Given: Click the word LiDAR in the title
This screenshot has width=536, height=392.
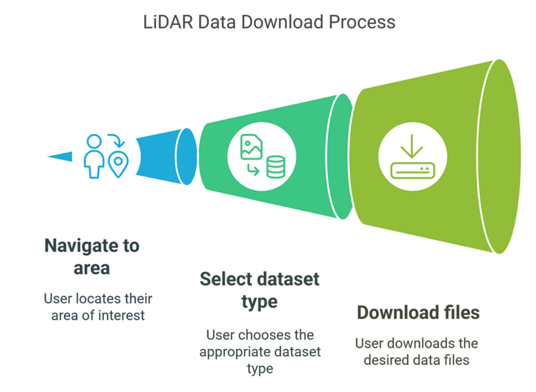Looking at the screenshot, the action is (168, 22).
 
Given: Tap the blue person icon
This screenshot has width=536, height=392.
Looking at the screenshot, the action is (94, 156).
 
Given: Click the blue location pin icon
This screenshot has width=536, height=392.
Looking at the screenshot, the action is (118, 164).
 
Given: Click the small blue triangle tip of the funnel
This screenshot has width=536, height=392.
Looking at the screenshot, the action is (60, 156).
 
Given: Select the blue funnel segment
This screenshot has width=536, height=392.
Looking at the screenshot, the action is (166, 156).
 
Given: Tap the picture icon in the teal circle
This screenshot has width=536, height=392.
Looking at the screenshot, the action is (251, 147).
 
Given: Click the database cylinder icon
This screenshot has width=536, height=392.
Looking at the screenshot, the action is (275, 167).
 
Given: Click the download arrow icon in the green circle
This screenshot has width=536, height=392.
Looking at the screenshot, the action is (412, 146).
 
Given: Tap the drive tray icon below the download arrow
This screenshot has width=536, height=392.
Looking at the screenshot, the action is (412, 170).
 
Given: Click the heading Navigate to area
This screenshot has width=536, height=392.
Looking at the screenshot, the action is (92, 256).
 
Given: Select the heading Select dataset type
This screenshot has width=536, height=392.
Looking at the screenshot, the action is (260, 290).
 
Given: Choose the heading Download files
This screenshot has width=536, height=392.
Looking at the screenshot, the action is (418, 312).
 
